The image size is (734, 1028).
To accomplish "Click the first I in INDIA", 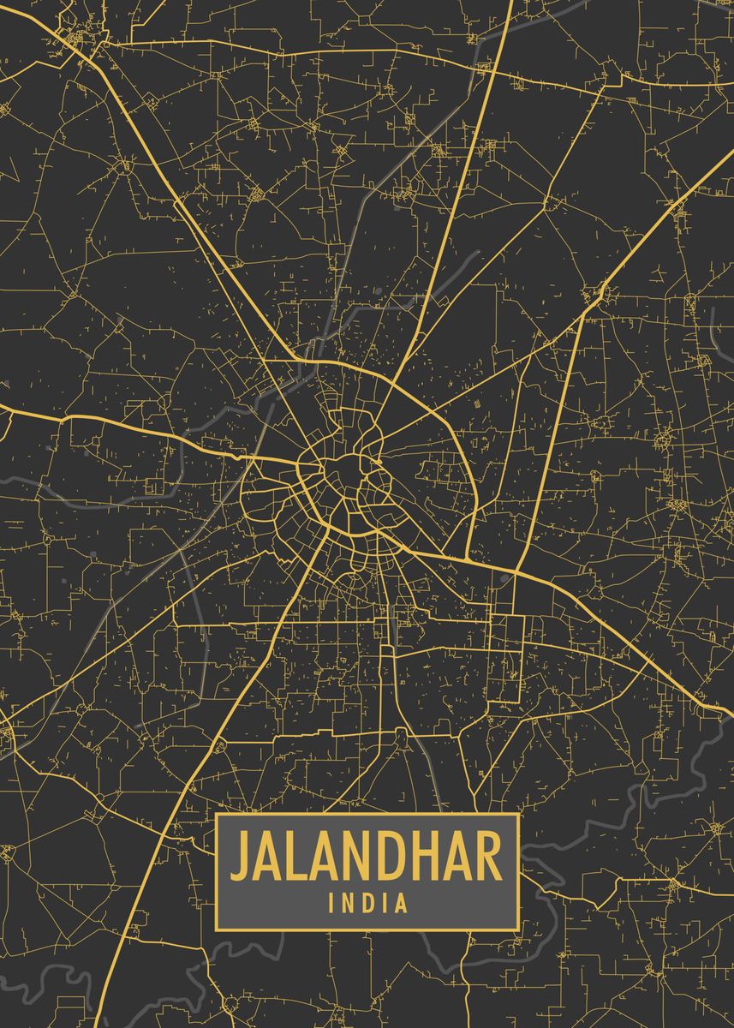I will (x=331, y=902).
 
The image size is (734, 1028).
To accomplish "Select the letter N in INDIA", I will (x=345, y=902).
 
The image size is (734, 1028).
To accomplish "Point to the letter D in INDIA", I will (x=365, y=902).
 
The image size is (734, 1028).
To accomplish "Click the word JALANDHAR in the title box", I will (x=367, y=857).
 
